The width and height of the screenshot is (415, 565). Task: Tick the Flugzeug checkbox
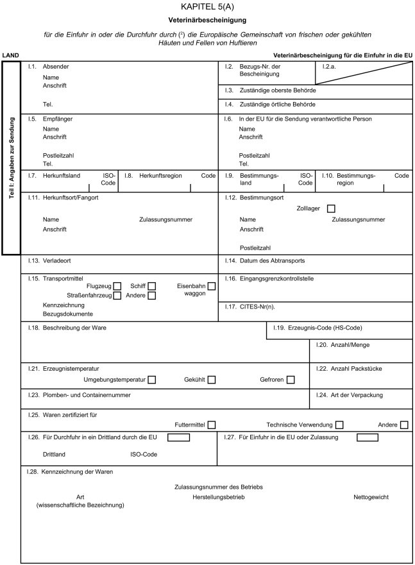117,286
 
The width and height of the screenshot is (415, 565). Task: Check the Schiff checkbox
152,286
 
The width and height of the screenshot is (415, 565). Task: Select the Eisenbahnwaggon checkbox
211,286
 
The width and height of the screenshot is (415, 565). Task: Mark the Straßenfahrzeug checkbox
117,296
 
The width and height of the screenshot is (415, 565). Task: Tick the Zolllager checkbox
331,208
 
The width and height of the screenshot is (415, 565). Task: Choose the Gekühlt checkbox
211,380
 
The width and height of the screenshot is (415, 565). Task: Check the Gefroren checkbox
291,380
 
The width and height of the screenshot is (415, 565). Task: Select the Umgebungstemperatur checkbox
152,380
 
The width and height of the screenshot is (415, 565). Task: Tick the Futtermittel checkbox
212,425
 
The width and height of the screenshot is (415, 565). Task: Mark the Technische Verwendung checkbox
339,425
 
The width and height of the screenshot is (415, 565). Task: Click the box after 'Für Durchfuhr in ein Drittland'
179,437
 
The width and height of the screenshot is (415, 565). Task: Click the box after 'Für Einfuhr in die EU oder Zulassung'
367,437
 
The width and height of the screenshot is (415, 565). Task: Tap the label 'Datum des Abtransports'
271,261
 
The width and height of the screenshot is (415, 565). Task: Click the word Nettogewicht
371,497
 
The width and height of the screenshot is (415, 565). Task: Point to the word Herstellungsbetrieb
218,497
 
